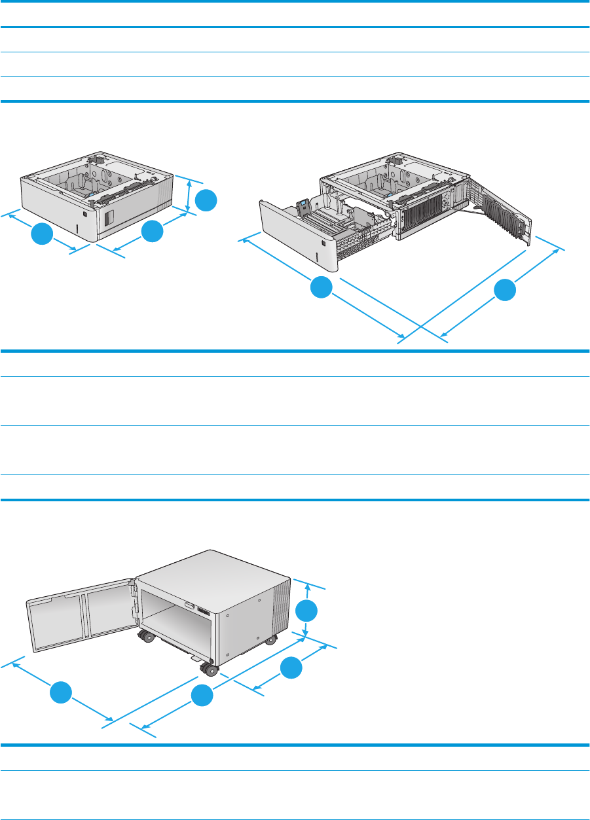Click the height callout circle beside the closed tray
click(x=206, y=200)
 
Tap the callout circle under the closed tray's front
click(x=41, y=234)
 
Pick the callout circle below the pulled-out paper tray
click(x=321, y=288)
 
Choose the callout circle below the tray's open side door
click(x=505, y=290)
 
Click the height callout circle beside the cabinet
click(x=306, y=611)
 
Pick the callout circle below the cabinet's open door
click(x=61, y=692)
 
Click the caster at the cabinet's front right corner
click(x=270, y=640)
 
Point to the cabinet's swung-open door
click(x=80, y=615)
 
